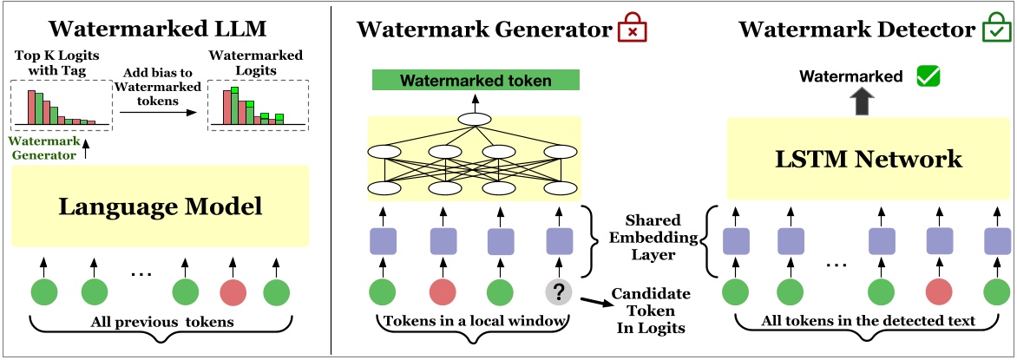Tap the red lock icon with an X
633,31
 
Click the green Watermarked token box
476,82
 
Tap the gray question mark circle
559,290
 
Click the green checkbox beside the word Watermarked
928,77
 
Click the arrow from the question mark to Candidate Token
594,300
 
